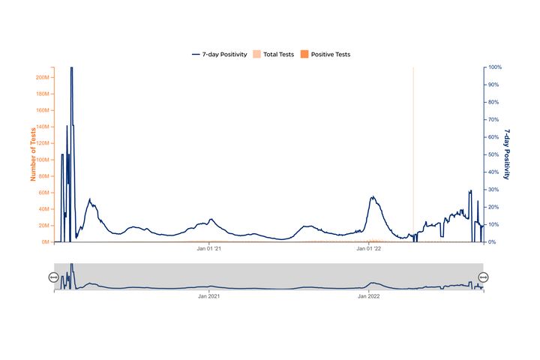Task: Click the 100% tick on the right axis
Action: pos(496,67)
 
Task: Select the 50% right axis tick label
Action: pos(494,154)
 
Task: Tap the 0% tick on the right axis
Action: pos(493,242)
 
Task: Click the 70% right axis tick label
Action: pos(494,120)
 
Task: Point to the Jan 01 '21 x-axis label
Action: pos(209,249)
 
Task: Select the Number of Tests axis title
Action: pos(33,154)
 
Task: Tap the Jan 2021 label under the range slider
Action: pos(209,296)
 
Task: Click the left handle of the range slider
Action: pos(53,277)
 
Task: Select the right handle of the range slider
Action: pos(483,277)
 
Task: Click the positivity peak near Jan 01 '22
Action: pos(373,197)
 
